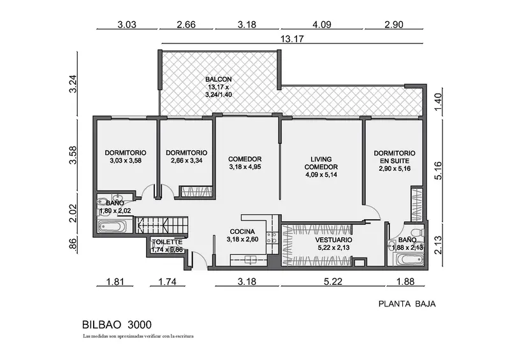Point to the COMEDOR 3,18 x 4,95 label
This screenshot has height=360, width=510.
(245, 163)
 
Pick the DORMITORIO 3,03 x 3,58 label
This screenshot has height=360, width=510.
(126, 156)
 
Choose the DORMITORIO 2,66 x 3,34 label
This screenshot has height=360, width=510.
(186, 156)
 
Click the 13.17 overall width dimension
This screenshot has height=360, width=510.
(292, 39)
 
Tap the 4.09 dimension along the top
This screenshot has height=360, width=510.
(322, 24)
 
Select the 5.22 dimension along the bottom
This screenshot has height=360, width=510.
(333, 281)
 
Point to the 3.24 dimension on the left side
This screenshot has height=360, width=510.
(73, 84)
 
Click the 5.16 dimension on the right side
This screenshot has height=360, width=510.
(438, 170)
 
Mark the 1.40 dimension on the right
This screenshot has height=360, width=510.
(438, 102)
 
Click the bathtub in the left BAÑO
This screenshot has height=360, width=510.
(112, 226)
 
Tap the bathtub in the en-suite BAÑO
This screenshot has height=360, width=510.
(409, 260)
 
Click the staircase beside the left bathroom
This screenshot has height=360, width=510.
(162, 224)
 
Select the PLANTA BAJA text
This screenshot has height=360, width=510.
(407, 304)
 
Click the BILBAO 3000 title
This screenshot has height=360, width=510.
(117, 324)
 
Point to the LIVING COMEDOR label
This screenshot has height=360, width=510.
(321, 167)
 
